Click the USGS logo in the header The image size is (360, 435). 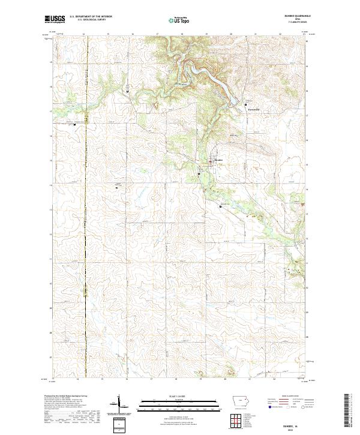(55, 19)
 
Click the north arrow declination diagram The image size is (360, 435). (119, 404)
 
